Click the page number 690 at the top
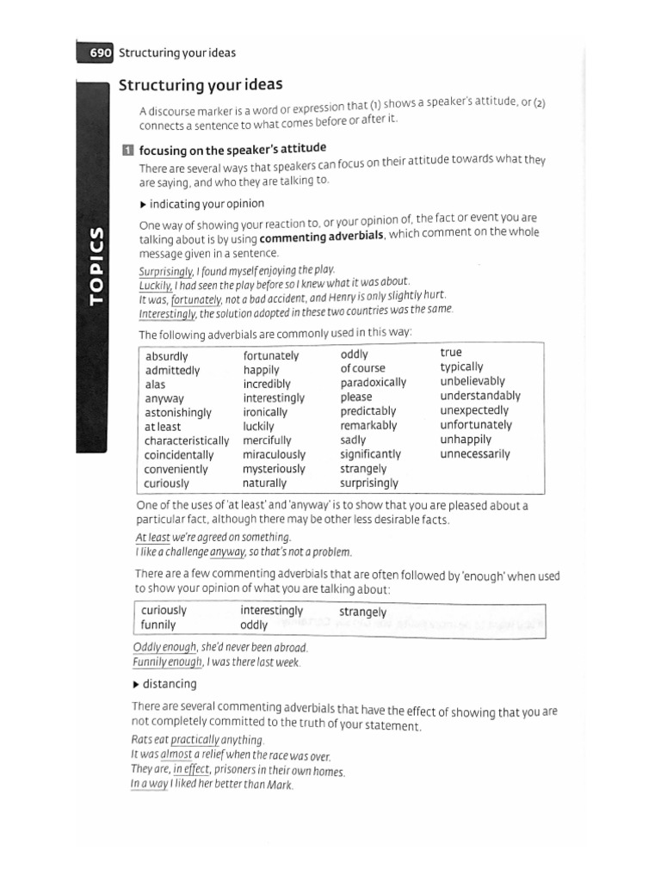click(x=101, y=52)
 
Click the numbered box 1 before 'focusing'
click(x=127, y=150)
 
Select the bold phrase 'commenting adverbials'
click(x=321, y=237)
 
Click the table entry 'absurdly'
click(x=166, y=356)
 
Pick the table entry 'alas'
click(x=155, y=385)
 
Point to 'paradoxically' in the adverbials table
click(x=373, y=383)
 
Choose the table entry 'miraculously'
click(x=274, y=454)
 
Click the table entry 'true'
click(x=451, y=353)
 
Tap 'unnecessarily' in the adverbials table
click(x=475, y=453)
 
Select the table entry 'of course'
click(x=362, y=368)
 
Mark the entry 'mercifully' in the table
click(x=267, y=440)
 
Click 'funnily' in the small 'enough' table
click(x=158, y=625)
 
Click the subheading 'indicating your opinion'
click(x=207, y=204)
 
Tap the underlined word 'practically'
click(x=195, y=740)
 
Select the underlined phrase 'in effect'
click(x=191, y=770)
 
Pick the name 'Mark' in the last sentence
click(x=281, y=786)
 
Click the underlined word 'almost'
click(x=176, y=755)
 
